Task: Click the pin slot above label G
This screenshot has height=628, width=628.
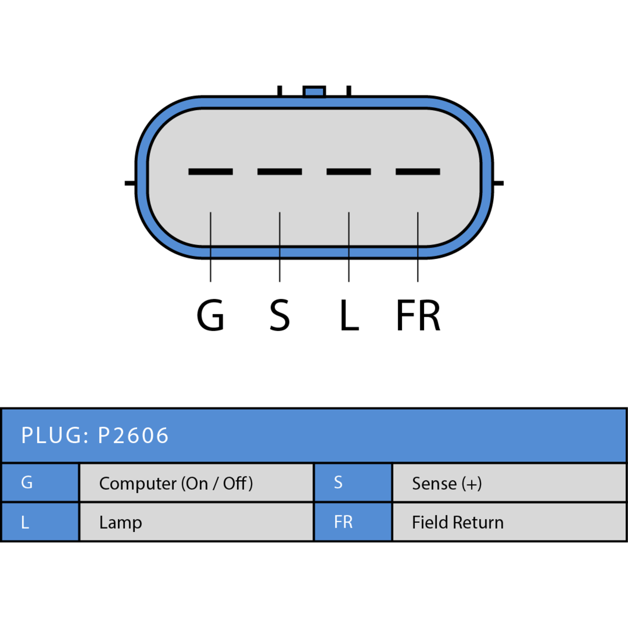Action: [210, 172]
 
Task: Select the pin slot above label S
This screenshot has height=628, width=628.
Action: [279, 172]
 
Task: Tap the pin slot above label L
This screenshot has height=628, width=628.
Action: [349, 172]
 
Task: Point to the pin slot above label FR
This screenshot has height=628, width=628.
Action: [418, 172]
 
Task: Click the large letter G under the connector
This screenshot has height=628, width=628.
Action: [210, 315]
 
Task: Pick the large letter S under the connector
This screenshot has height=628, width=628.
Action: [279, 315]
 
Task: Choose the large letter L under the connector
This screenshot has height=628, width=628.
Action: [349, 315]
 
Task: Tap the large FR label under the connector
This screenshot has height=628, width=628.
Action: [418, 315]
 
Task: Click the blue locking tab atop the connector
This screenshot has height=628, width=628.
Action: [314, 91]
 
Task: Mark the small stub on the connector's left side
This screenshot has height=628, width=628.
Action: [130, 183]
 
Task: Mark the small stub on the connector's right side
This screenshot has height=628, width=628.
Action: [498, 183]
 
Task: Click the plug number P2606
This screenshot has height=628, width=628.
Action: [133, 435]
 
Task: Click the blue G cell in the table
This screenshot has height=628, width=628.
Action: [40, 482]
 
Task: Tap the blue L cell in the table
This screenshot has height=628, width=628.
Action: [40, 522]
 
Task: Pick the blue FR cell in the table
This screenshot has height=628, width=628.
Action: [353, 522]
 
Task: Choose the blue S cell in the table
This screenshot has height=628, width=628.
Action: [353, 482]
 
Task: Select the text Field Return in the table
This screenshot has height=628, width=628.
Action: [458, 522]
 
